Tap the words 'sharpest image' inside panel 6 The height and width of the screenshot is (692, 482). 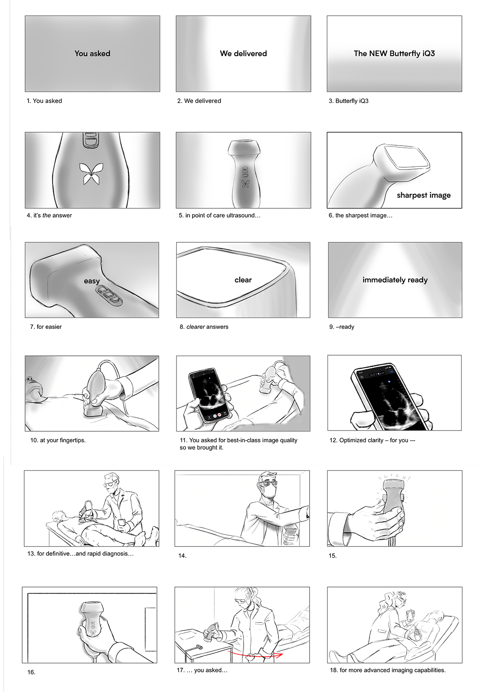click(423, 195)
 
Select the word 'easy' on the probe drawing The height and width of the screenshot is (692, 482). click(92, 281)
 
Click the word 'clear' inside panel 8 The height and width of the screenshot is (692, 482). click(243, 280)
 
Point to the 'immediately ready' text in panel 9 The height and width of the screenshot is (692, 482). click(395, 280)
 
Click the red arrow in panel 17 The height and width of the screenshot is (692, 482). click(255, 654)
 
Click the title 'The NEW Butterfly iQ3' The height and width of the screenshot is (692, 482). click(394, 54)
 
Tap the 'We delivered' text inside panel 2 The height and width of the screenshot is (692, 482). click(244, 54)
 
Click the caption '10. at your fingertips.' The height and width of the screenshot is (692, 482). click(58, 440)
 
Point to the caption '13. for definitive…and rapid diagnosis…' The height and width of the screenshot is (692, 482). click(80, 554)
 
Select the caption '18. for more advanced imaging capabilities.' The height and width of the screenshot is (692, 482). click(388, 670)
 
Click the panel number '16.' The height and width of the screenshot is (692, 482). click(31, 672)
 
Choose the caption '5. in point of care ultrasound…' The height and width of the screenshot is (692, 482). click(219, 215)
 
